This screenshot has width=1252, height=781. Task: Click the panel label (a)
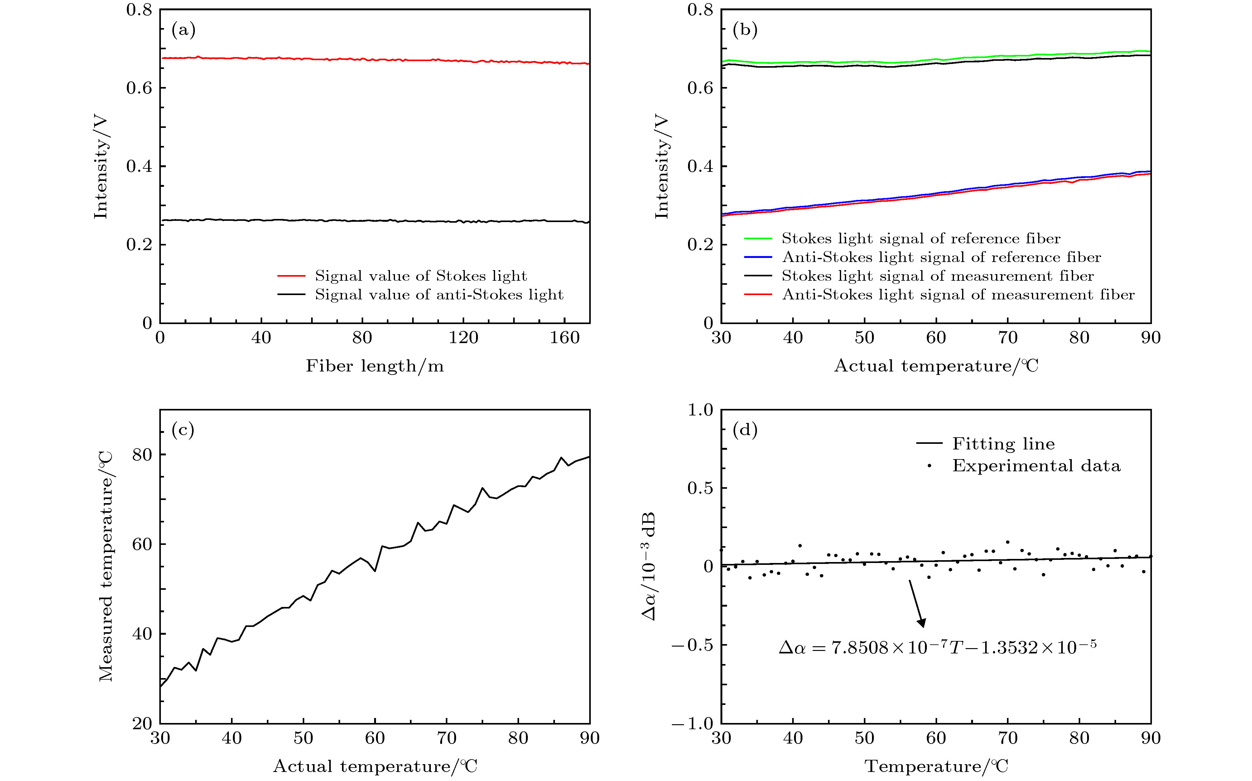point(183,31)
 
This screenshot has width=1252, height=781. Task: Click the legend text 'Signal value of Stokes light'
point(421,276)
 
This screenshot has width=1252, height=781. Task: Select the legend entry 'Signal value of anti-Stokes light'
point(439,294)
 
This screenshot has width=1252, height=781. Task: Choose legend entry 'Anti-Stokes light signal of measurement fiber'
point(958,294)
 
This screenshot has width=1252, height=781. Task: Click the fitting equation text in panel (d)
point(937,647)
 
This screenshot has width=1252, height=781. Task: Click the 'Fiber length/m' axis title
point(375,366)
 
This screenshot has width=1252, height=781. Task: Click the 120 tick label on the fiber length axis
point(463,338)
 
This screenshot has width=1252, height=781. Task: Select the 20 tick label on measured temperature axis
point(142,724)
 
